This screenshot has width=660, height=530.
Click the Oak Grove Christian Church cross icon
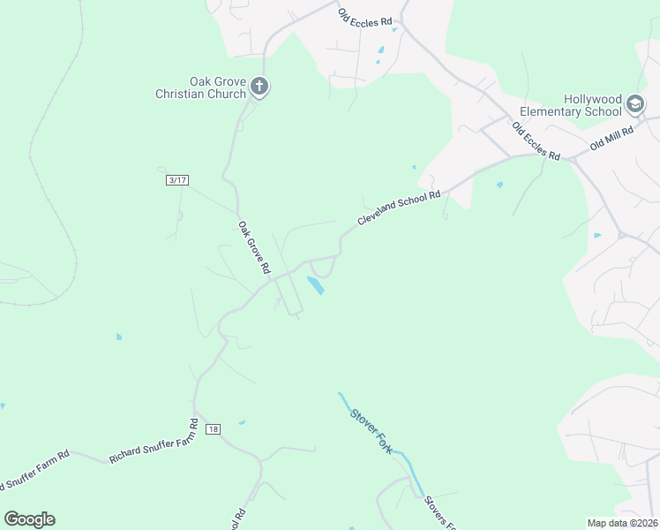point(259,86)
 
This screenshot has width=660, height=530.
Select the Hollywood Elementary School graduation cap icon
point(634,106)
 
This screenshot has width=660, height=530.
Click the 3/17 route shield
point(177,180)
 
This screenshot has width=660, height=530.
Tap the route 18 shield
point(213,429)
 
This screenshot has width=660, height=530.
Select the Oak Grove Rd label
point(252,247)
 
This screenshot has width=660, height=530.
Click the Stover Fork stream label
point(370,426)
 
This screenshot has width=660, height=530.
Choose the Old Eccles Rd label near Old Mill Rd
point(536,141)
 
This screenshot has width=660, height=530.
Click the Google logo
point(29,519)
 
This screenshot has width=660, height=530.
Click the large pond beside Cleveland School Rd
point(315,285)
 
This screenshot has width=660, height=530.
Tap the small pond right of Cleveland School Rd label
point(499,185)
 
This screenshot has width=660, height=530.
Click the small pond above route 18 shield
point(241,422)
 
